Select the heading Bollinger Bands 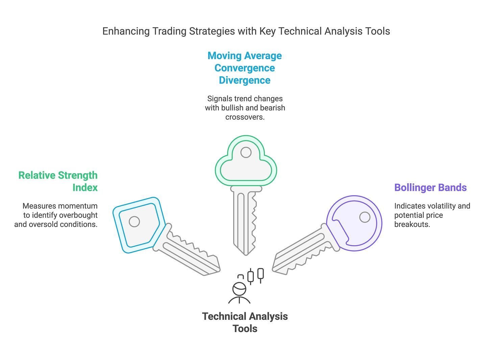coord(430,187)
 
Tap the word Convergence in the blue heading coord(244,68)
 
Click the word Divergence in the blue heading coord(244,80)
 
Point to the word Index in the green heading coord(85,187)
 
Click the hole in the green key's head coord(246,153)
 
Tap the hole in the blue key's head coord(134,222)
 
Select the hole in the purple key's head coord(365,217)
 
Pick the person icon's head coord(239,289)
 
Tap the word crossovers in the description coord(245,117)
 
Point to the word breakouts coord(412,224)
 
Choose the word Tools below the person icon coord(245,329)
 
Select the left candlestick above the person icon coord(250,276)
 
